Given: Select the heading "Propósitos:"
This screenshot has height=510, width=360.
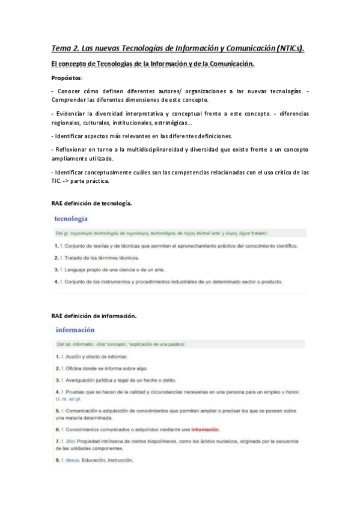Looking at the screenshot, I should click(67, 78).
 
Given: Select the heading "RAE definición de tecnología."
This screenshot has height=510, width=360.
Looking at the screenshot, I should click(91, 204).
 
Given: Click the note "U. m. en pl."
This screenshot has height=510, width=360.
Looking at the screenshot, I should click(69, 399).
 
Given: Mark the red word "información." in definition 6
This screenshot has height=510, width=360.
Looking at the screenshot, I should click(205, 429).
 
